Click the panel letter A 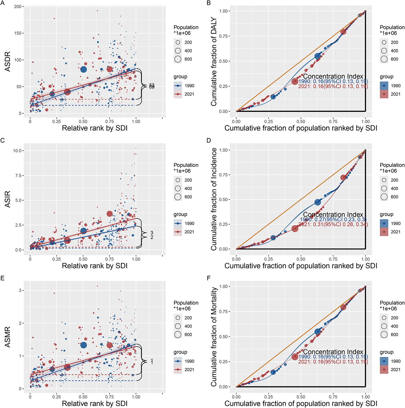click(3, 3)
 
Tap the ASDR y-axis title click(8, 62)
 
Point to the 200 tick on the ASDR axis click(18, 6)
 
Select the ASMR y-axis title click(8, 337)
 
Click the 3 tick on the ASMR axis click(20, 290)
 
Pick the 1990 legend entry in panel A click(189, 86)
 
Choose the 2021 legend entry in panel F click(396, 370)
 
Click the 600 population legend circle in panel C click(178, 197)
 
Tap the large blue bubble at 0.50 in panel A click(84, 69)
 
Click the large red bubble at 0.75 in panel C click(110, 214)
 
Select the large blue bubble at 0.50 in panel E click(84, 345)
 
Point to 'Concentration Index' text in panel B click(333, 77)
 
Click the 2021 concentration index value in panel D click(333, 224)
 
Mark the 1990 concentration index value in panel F click(333, 357)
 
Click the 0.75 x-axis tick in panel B click(333, 121)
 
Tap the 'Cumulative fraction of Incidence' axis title click(214, 199)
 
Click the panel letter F click(209, 278)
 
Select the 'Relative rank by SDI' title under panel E click(94, 403)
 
